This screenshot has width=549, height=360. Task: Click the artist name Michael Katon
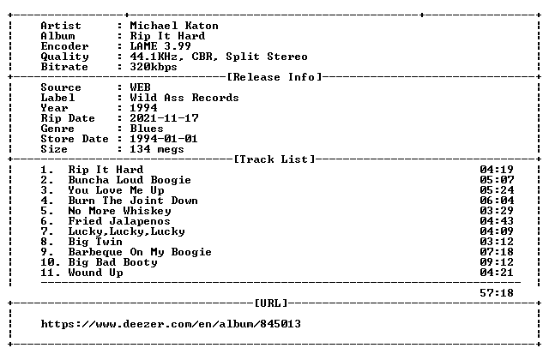(x=174, y=26)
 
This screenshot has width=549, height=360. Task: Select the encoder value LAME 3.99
(x=160, y=46)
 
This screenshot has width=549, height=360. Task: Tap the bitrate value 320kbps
(x=154, y=67)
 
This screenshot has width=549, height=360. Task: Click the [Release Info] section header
(x=274, y=77)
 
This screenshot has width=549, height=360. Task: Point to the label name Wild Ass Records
(x=184, y=98)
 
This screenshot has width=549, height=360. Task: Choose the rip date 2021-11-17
(x=164, y=118)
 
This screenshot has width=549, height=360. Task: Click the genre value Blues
(x=147, y=129)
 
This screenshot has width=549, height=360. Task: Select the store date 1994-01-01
(x=164, y=139)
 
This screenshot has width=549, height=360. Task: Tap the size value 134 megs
(x=156, y=149)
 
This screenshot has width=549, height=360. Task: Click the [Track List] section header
(x=274, y=159)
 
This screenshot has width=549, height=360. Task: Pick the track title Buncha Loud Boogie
(x=130, y=180)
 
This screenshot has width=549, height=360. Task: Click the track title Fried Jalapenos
(x=119, y=221)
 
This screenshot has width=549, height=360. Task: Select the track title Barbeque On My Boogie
(x=140, y=252)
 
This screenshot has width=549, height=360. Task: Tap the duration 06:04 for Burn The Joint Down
(x=497, y=201)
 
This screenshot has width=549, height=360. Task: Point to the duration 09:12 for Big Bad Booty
(x=497, y=262)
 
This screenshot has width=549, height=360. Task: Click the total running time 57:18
(x=497, y=293)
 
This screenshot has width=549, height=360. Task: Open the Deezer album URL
(x=171, y=324)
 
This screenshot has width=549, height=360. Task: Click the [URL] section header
(x=271, y=303)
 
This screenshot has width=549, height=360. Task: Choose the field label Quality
(x=65, y=57)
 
